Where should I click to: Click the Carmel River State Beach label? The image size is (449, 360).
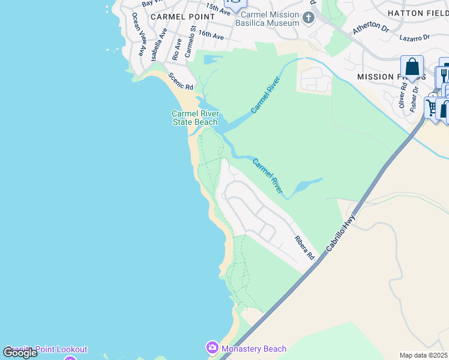(x=194, y=118)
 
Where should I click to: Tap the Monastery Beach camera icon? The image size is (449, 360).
(x=212, y=348)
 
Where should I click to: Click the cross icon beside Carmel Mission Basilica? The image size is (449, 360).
(x=309, y=17)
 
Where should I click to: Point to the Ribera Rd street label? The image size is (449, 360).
(x=304, y=247)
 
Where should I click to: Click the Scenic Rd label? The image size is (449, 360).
(x=180, y=81)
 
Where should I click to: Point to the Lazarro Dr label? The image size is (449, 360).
(x=415, y=37)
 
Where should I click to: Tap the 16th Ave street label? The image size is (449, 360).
(x=211, y=37)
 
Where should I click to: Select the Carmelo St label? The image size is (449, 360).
(x=191, y=41)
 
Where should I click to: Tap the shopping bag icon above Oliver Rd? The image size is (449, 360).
(x=412, y=67)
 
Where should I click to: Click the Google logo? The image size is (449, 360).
(x=20, y=353)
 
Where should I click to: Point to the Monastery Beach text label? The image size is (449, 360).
(x=254, y=349)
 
